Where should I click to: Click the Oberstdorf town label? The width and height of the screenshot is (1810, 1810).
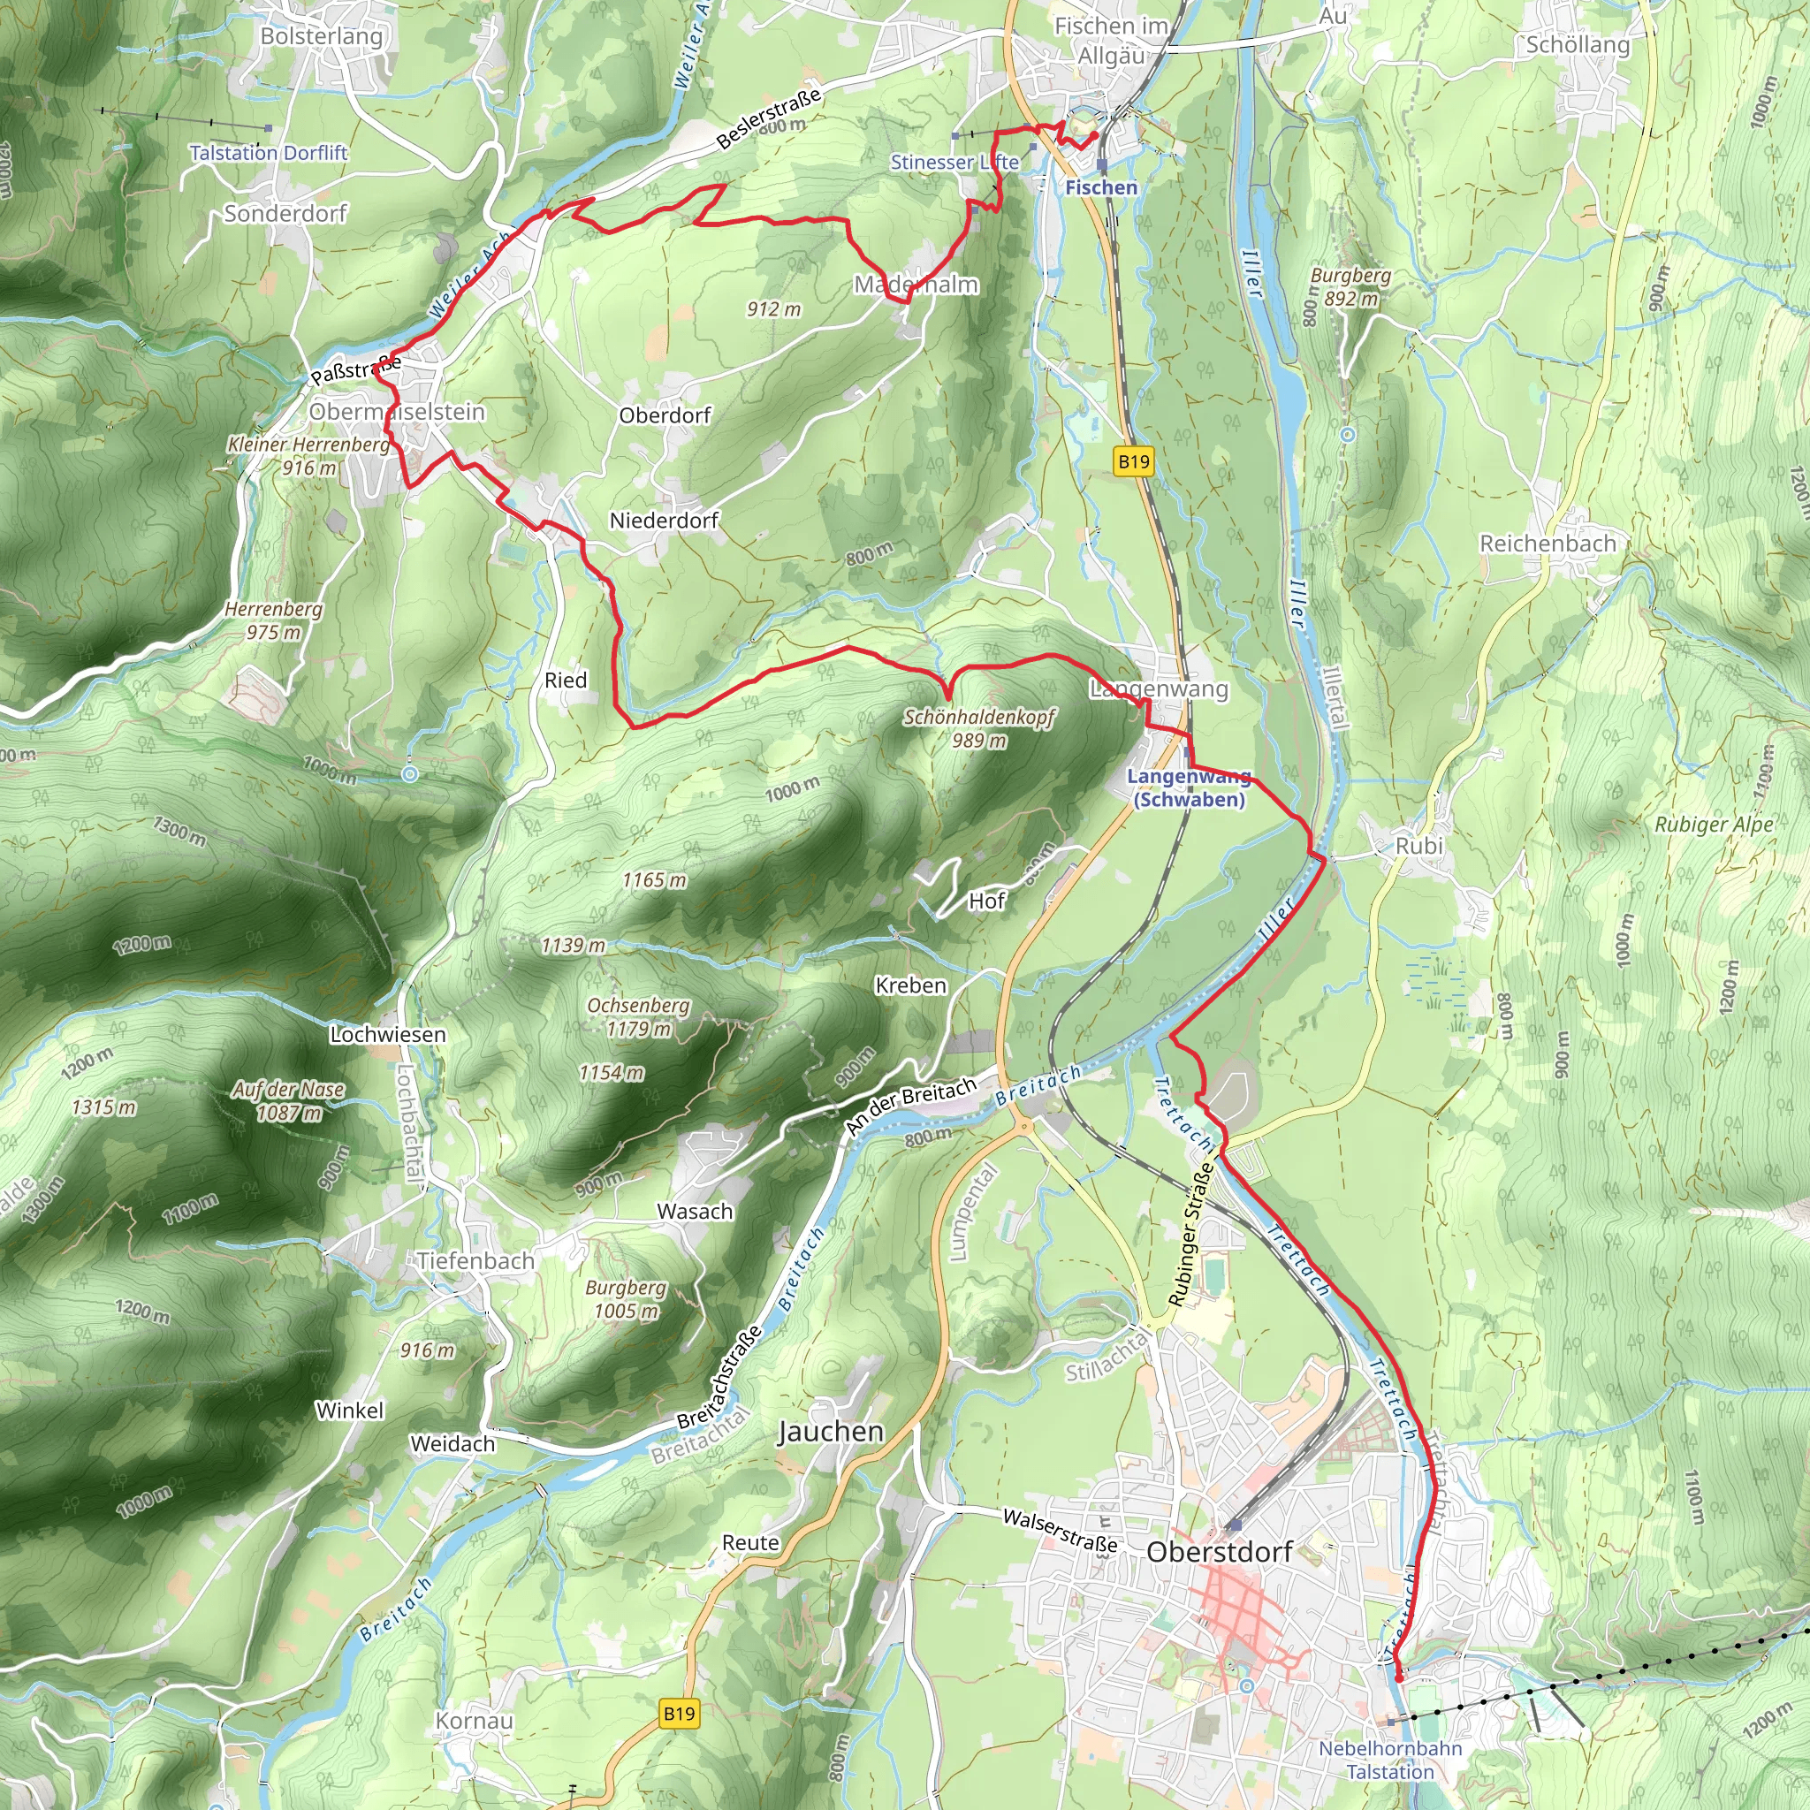coord(1219,1552)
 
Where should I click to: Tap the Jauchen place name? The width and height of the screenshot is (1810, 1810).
coord(831,1433)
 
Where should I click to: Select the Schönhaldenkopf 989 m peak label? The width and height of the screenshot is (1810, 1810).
coord(979,729)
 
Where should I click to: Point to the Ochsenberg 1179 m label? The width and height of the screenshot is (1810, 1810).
coord(638,1016)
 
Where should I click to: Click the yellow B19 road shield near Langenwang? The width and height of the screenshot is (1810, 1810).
coord(1134,461)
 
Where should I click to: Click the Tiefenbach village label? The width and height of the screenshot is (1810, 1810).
coord(476,1261)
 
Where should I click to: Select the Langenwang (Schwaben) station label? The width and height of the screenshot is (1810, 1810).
coord(1188,787)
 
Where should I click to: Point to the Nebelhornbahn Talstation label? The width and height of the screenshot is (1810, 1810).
coord(1389,1761)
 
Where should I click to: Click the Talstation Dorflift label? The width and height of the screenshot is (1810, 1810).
coord(268,153)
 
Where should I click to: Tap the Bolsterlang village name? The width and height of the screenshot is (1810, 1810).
coord(322,36)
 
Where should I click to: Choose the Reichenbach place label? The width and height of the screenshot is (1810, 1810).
coord(1548,544)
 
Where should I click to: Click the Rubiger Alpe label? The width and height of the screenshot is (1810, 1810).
coord(1714,825)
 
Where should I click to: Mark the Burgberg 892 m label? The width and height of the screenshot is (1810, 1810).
coord(1350,286)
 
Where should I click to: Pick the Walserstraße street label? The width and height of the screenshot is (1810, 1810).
coord(1060,1531)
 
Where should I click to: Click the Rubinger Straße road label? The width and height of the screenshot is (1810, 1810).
coord(1190,1234)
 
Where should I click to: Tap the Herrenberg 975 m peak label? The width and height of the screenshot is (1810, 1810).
coord(272,620)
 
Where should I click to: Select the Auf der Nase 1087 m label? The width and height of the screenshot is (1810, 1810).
coord(288,1101)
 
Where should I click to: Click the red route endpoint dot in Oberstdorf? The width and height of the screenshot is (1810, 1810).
coord(1399,1679)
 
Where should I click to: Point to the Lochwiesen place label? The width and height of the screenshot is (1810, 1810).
coord(387,1034)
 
